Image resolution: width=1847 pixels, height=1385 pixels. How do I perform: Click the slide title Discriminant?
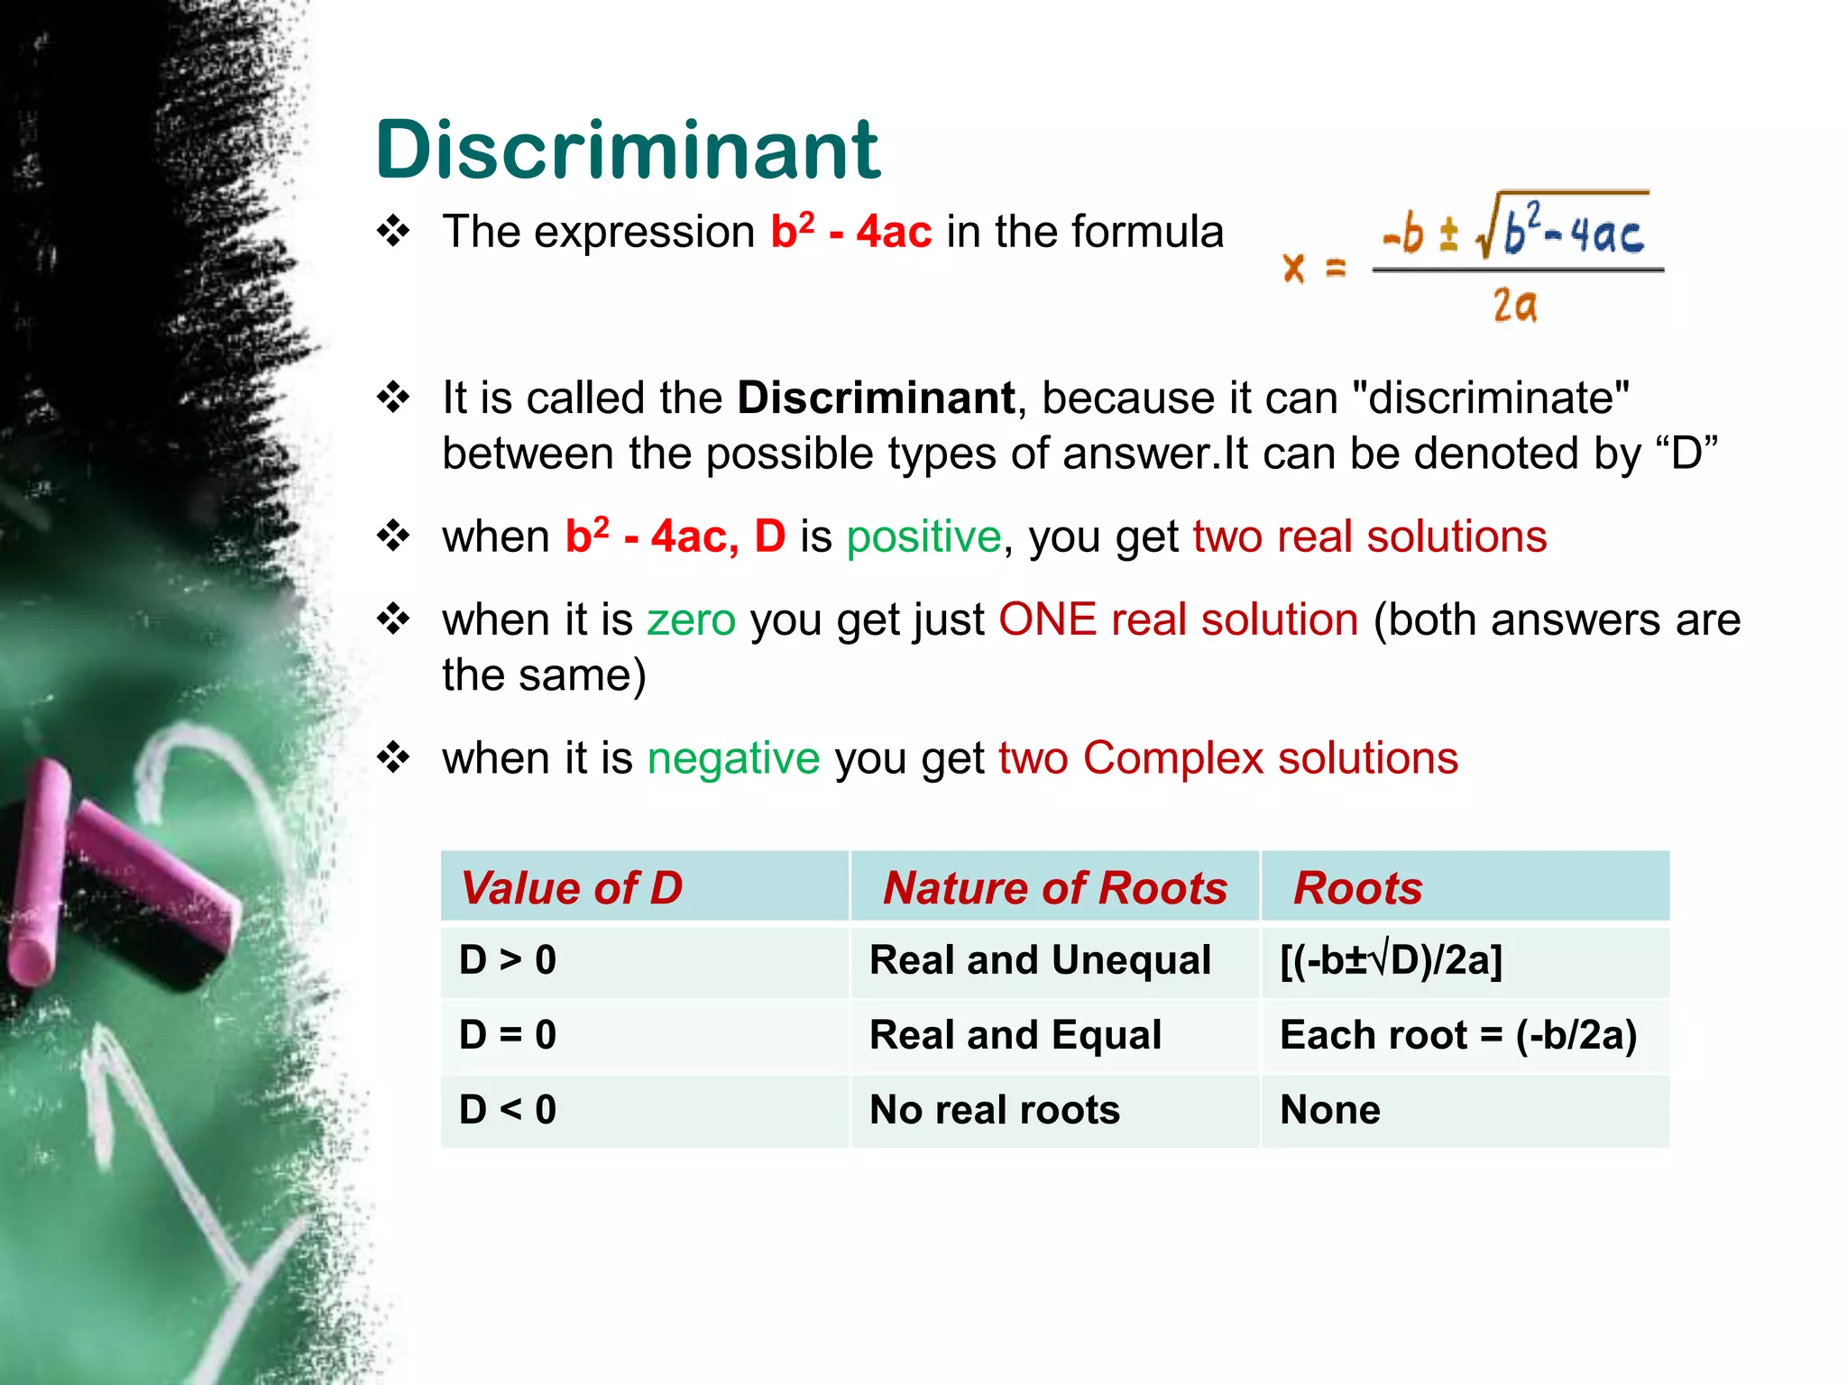(x=627, y=150)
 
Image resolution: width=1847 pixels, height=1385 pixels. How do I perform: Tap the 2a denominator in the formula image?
(x=1514, y=306)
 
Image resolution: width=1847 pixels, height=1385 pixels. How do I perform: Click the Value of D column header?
(x=572, y=888)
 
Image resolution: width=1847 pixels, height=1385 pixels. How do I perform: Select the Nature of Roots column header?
(x=1054, y=888)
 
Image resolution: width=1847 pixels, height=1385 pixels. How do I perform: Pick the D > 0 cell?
(x=508, y=960)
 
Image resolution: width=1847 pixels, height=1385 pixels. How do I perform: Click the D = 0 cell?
(x=508, y=1035)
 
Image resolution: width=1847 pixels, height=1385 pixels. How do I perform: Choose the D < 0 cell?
(x=508, y=1110)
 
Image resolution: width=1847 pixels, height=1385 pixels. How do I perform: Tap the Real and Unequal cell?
(x=1040, y=960)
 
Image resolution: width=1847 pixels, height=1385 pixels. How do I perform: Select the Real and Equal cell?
(x=1015, y=1035)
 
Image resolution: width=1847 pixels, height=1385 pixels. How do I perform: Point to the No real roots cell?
(x=995, y=1110)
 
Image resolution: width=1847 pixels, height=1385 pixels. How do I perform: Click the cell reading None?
(x=1330, y=1110)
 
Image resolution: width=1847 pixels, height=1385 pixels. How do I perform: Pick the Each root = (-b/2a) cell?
(x=1458, y=1035)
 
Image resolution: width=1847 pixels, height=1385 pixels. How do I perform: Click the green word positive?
(x=923, y=537)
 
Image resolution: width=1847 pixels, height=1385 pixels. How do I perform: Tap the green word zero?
(x=692, y=620)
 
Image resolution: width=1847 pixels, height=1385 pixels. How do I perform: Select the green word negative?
(x=733, y=758)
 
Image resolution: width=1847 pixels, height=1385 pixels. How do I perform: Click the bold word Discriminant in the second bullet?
(x=876, y=399)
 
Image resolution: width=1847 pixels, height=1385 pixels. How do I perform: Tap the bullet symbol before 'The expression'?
(x=394, y=233)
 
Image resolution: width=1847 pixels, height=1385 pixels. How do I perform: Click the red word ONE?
(x=1047, y=620)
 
